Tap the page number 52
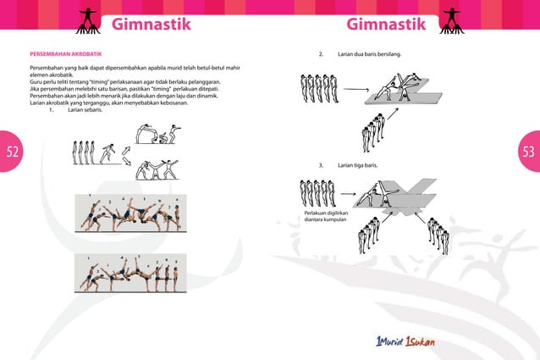tap(12, 152)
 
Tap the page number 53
tap(528, 152)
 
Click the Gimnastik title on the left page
tap(152, 23)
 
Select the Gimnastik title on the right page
tap(386, 23)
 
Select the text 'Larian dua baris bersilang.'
tap(369, 54)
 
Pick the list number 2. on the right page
tap(321, 54)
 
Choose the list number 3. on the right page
tap(321, 164)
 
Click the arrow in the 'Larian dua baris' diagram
tap(356, 89)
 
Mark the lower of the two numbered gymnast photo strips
tap(128, 269)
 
